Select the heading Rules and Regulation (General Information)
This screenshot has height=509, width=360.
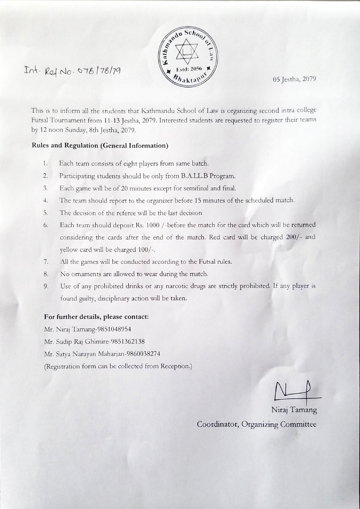pyautogui.click(x=100, y=146)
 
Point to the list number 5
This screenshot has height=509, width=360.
pyautogui.click(x=45, y=213)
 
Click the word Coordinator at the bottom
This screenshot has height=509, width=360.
pyautogui.click(x=218, y=425)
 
